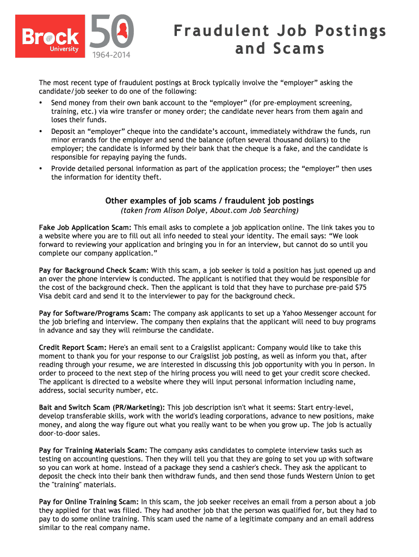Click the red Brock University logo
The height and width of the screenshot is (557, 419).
pos(51,36)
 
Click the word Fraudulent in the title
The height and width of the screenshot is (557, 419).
pos(215,31)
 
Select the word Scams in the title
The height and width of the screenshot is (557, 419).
pos(300,49)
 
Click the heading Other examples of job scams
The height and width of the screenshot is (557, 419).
pos(209,201)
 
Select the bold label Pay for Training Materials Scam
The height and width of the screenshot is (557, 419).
pos(93,450)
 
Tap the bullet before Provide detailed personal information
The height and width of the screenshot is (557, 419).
pos(41,169)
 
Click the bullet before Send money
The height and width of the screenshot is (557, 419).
pos(41,103)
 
